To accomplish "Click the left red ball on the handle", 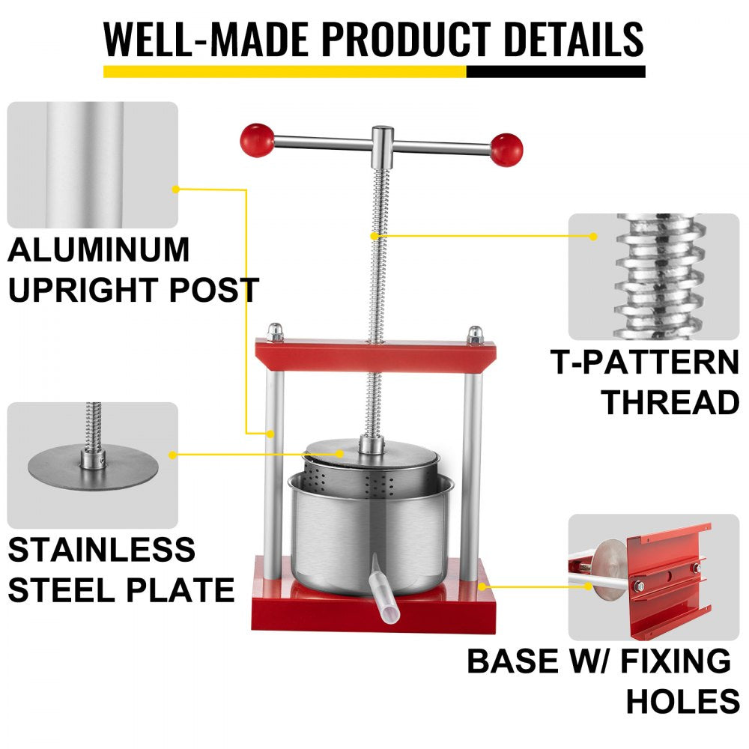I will click(257, 139).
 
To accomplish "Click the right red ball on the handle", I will click(506, 150).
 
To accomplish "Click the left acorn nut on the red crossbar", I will click(276, 333).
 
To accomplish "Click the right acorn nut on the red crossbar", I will click(474, 334).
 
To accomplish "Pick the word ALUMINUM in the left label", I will click(98, 249).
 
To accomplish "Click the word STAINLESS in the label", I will click(102, 551).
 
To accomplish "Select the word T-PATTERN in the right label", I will click(645, 363).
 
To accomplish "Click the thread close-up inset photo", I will click(653, 277).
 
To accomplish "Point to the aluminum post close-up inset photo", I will click(92, 165).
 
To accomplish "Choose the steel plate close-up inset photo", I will click(92, 464).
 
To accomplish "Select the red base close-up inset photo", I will click(653, 577).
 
